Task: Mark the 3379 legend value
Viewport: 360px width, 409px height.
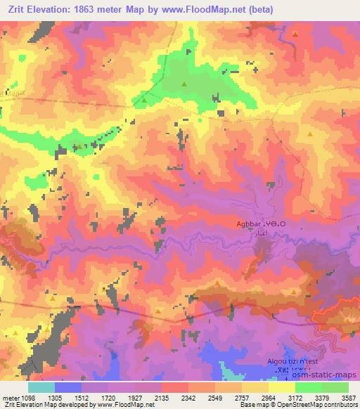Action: point(323,398)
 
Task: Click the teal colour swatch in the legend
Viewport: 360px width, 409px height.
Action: point(41,387)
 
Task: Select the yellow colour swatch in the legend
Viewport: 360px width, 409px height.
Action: point(282,387)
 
